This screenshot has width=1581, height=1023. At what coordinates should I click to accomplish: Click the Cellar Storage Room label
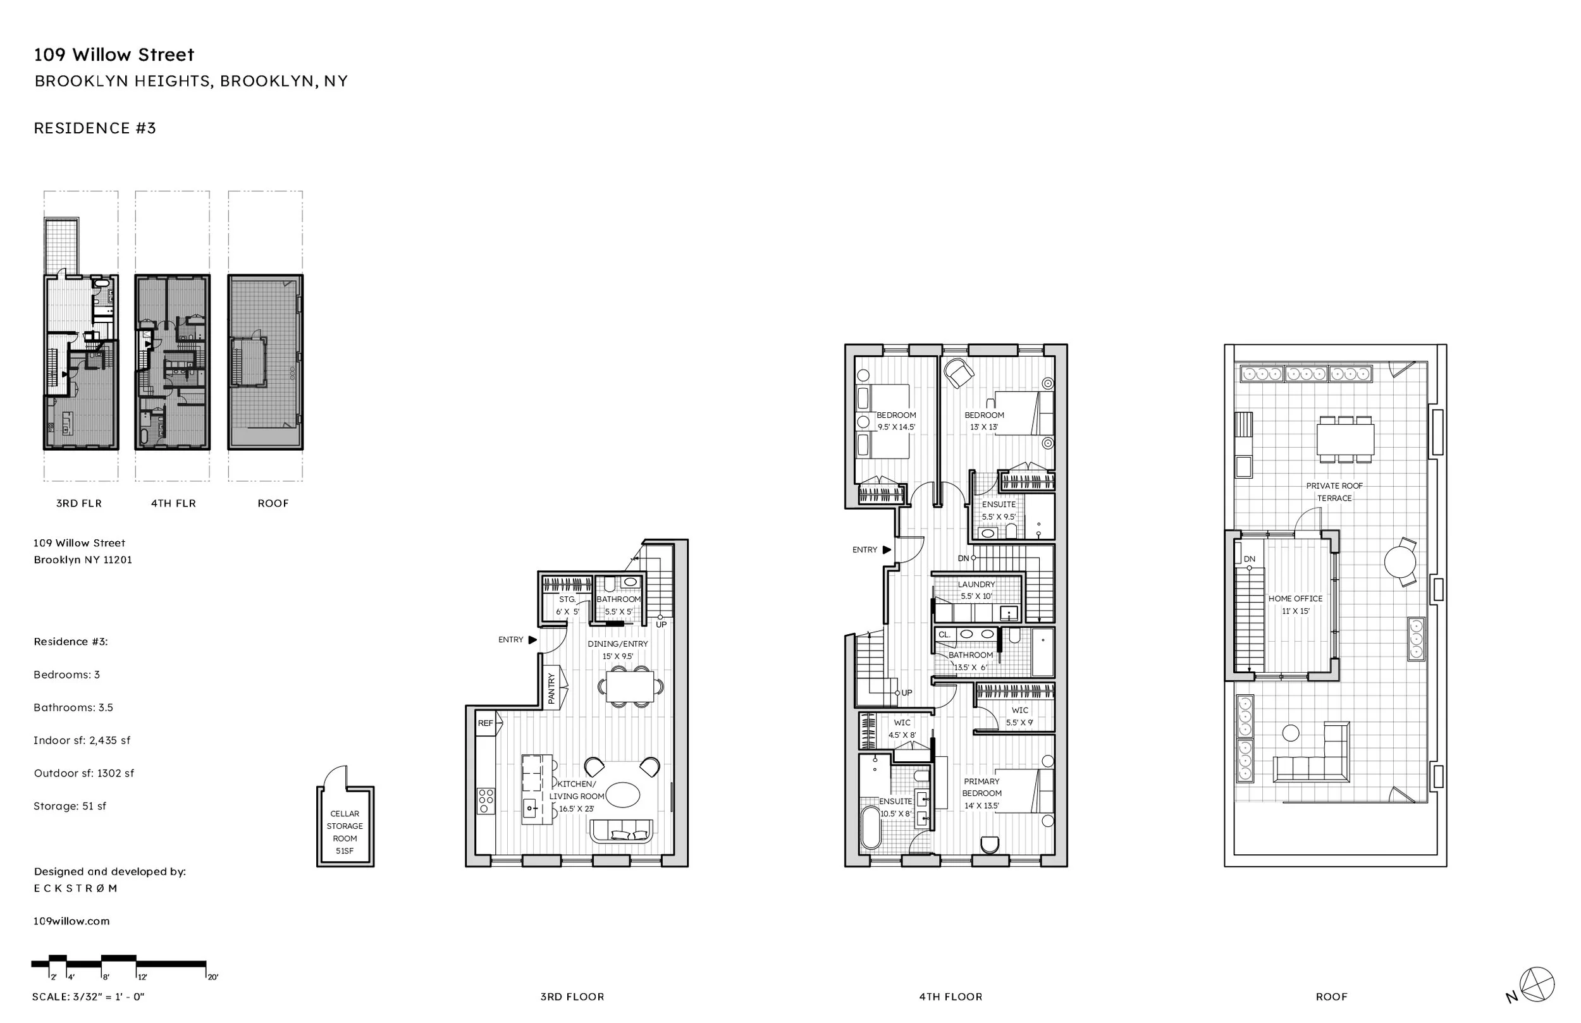(345, 831)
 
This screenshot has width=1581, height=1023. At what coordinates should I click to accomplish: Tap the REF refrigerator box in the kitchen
(486, 723)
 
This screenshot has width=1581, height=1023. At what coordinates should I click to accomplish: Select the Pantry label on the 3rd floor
(551, 688)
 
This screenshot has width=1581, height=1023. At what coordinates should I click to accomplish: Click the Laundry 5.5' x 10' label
(976, 590)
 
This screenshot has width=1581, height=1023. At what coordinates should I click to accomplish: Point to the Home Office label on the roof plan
(1295, 604)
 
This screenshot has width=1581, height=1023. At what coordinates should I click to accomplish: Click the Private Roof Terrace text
(1334, 491)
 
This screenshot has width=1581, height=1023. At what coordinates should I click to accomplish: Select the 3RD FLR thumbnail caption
(79, 503)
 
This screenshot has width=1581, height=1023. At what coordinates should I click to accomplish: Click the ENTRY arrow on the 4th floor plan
(886, 550)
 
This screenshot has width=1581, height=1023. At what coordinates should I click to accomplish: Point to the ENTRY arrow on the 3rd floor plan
(532, 640)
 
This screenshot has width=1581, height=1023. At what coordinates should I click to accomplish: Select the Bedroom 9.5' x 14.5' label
(895, 421)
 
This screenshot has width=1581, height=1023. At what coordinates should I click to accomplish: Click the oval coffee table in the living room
(622, 795)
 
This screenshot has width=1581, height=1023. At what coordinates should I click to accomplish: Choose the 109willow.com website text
(71, 921)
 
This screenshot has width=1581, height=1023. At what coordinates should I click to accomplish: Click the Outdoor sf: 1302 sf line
(83, 773)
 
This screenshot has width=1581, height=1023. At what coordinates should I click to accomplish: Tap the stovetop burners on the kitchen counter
(486, 800)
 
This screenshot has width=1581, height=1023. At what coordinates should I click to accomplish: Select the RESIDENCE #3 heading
(95, 128)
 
